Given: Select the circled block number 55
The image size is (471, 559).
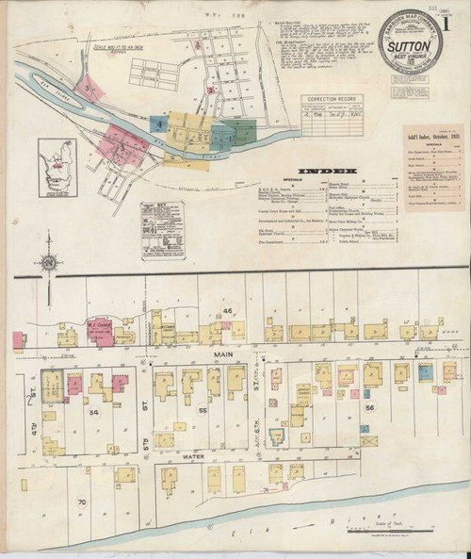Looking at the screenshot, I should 202,412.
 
